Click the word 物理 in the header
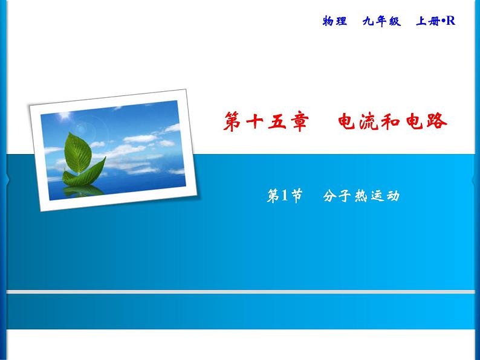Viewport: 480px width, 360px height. point(335,22)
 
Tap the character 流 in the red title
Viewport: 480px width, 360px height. point(378,121)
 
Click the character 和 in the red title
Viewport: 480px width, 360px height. point(405,121)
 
